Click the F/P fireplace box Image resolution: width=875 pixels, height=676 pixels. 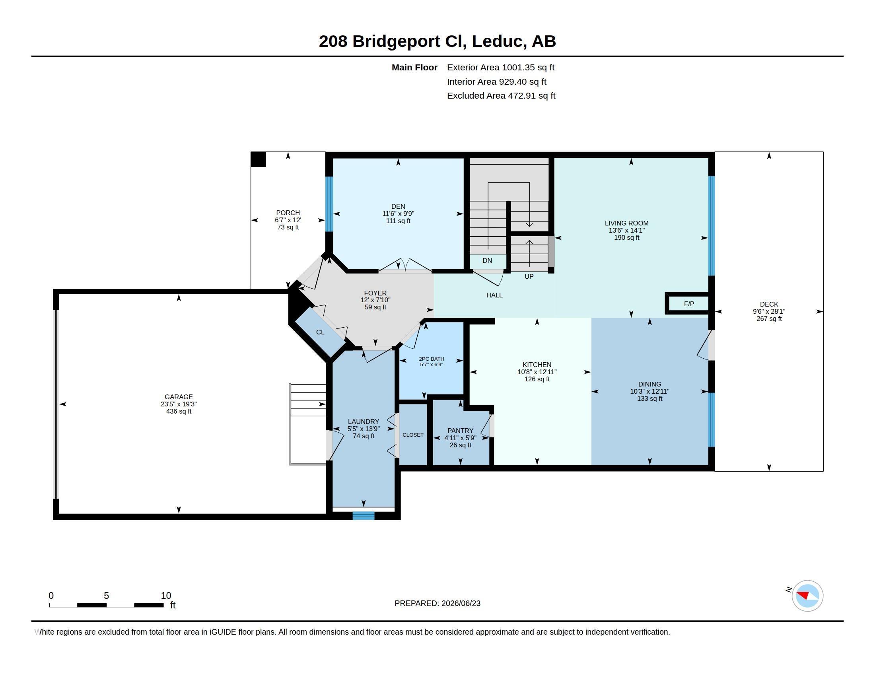tap(688, 303)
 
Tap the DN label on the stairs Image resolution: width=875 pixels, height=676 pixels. tap(487, 261)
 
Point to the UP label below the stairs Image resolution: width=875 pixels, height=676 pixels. tap(529, 276)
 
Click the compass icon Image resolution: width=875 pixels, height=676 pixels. tap(807, 596)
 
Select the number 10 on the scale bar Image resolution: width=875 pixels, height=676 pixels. tap(166, 596)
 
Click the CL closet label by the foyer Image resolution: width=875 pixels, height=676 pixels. tap(320, 332)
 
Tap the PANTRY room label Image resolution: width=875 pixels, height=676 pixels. tap(460, 431)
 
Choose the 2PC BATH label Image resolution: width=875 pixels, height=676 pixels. tap(432, 359)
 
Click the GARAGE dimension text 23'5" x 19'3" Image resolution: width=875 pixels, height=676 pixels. tap(179, 404)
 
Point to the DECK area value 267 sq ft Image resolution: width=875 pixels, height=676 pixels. tap(769, 319)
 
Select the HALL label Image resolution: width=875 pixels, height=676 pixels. tap(494, 295)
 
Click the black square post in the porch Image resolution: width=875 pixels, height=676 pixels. tap(259, 159)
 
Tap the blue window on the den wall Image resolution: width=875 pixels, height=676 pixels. tap(329, 204)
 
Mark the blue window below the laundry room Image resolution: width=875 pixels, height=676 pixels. tap(364, 516)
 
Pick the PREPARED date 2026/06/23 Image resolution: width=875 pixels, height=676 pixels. tap(461, 603)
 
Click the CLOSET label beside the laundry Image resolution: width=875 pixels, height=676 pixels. tap(413, 435)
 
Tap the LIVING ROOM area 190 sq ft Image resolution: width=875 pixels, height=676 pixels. tap(626, 237)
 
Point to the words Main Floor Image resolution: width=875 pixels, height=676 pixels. tap(414, 67)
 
